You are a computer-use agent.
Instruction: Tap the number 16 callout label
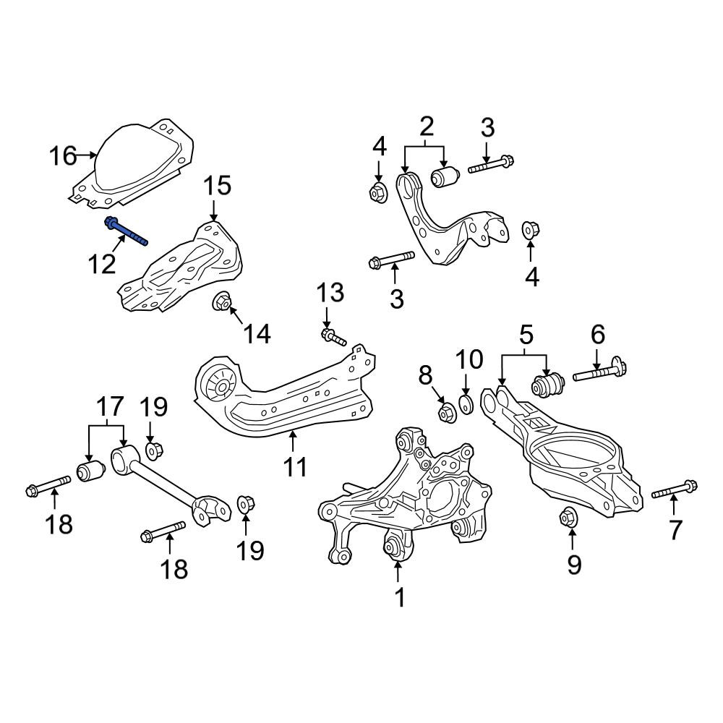click(x=63, y=156)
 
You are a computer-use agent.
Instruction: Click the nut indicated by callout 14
click(x=221, y=302)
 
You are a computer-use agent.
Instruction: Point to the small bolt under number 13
click(x=333, y=337)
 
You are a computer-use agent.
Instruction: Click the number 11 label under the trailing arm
click(x=295, y=467)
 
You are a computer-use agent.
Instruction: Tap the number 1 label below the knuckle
click(x=400, y=598)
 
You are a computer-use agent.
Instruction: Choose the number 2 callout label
click(x=427, y=127)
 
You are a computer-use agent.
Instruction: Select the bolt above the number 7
click(x=675, y=489)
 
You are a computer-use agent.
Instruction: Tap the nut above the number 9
click(x=568, y=517)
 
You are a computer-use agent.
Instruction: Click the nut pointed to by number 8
click(x=446, y=412)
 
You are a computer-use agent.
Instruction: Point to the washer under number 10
click(x=466, y=404)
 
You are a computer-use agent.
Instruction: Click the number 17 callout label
click(x=110, y=406)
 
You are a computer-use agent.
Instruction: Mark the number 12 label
click(x=102, y=264)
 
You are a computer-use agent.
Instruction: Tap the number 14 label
click(x=257, y=333)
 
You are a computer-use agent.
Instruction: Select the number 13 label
click(x=330, y=292)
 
